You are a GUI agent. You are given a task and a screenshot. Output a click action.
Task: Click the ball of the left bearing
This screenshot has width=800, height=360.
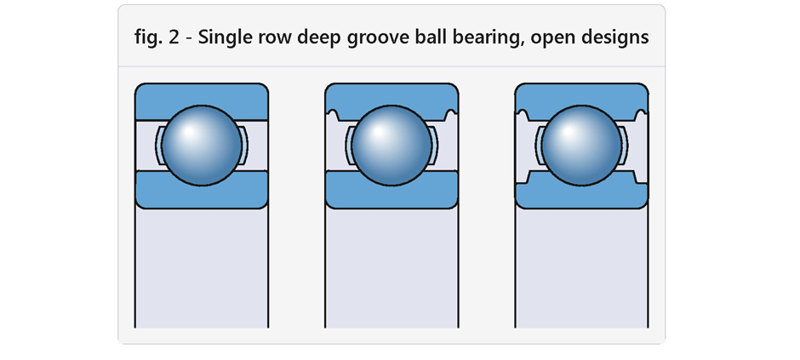(x=202, y=146)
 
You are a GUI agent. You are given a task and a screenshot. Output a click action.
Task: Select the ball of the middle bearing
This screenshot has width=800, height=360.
(x=391, y=146)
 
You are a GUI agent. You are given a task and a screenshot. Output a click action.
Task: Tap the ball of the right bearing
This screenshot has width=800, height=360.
(x=581, y=146)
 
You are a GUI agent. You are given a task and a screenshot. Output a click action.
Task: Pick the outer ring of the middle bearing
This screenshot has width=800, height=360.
(x=391, y=94)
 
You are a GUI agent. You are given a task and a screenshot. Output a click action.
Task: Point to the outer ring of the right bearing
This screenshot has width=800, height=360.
(x=581, y=94)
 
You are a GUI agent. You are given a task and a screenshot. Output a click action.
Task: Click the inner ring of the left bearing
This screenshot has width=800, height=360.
(x=202, y=197)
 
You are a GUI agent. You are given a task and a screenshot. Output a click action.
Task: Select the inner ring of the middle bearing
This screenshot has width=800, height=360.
(x=391, y=197)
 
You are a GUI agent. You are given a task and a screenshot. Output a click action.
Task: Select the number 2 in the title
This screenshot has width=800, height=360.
(x=174, y=37)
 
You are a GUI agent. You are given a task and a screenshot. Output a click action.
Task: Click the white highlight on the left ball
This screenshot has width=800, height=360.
(x=189, y=132)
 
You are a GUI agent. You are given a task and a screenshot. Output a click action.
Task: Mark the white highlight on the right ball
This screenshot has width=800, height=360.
(x=568, y=132)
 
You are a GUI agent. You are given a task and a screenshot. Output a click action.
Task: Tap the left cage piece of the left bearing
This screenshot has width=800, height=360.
(x=158, y=146)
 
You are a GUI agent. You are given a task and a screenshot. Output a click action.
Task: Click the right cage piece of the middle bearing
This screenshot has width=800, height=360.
(x=434, y=146)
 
